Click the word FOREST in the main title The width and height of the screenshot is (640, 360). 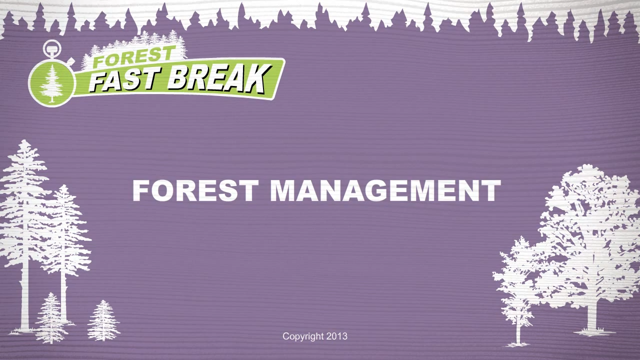click(x=195, y=190)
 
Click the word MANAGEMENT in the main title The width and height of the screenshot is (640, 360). click(x=385, y=190)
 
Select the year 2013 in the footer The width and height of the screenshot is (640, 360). click(x=337, y=336)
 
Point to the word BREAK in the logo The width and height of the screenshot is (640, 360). click(x=219, y=79)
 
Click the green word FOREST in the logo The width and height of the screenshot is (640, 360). click(x=133, y=56)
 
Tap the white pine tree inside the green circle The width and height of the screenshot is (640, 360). click(x=51, y=83)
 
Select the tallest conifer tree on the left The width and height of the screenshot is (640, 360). click(x=24, y=234)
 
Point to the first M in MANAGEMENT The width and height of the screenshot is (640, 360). click(x=283, y=190)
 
